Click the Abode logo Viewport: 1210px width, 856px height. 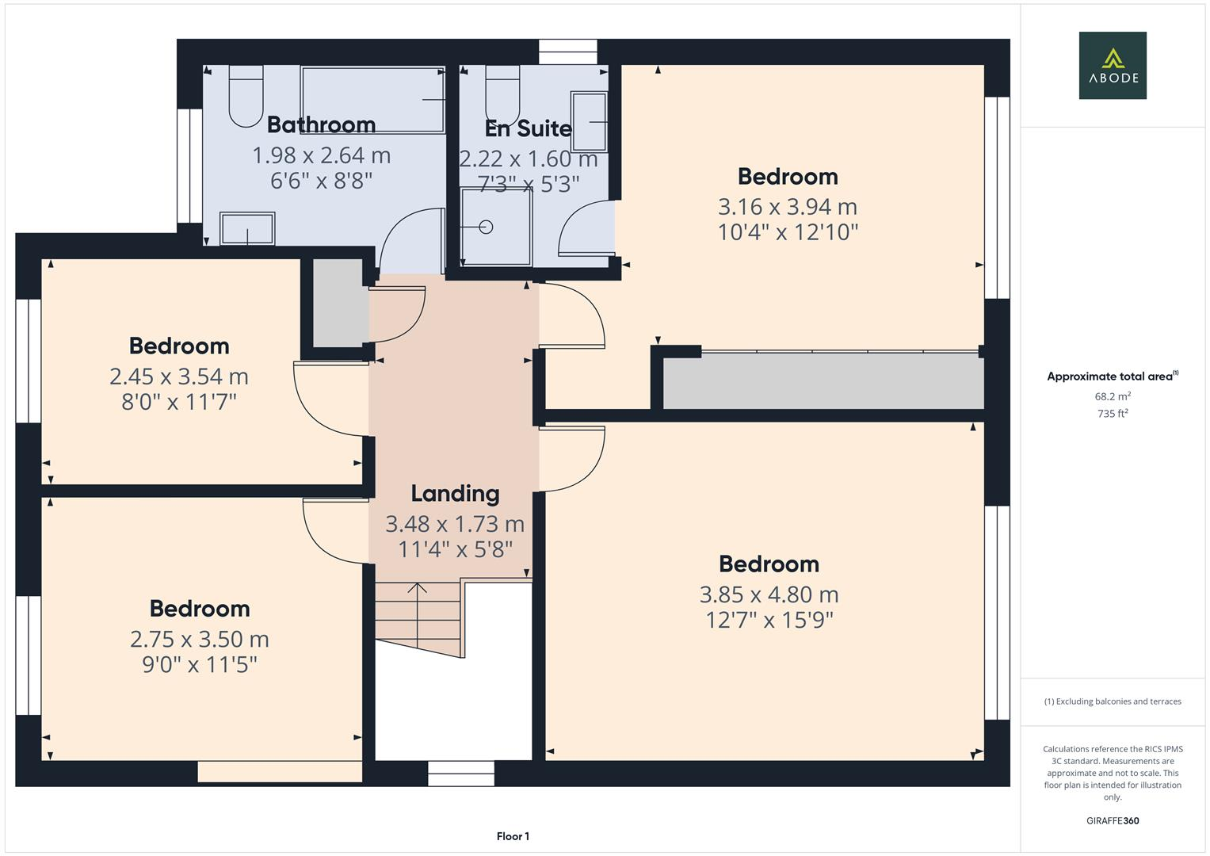[1112, 65]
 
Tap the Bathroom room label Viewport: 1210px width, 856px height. [321, 124]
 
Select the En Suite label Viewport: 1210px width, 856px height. [528, 128]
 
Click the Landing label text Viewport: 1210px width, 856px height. [455, 494]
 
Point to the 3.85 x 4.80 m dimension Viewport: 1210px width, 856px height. [769, 594]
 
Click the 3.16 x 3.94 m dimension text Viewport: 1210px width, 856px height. [787, 207]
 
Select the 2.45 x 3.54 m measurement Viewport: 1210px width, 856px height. [179, 376]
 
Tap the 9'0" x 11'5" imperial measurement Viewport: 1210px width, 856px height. [200, 664]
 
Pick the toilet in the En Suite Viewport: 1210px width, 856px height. [502, 94]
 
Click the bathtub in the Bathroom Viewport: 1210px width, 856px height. [372, 99]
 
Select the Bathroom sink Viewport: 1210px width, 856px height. [247, 229]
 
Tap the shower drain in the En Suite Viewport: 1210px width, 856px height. [487, 227]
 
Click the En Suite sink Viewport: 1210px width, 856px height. [589, 121]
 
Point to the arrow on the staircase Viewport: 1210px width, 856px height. [417, 589]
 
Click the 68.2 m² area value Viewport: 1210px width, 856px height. [1112, 396]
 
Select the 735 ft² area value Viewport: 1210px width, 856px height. [1112, 414]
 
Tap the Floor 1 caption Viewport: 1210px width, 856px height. [513, 836]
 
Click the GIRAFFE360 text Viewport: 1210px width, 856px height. [1112, 820]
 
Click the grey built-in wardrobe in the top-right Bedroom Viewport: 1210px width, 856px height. [822, 381]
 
